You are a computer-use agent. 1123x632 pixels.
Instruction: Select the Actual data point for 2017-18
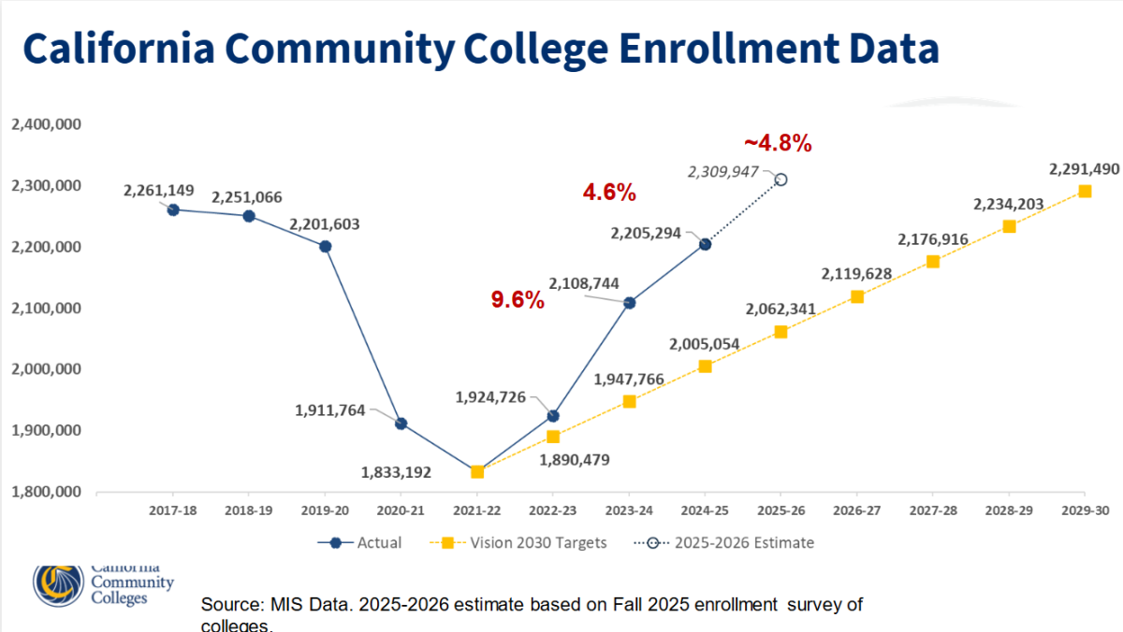pos(173,209)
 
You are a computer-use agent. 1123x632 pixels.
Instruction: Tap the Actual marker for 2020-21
pos(401,424)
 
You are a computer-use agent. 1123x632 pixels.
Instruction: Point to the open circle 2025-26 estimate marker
pos(781,180)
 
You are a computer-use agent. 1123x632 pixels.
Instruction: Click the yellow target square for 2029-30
pos(1085,191)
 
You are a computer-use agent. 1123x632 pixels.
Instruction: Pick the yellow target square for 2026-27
pos(857,296)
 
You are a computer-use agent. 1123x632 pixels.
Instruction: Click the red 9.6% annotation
pos(518,300)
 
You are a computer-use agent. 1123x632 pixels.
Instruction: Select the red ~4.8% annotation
pos(778,144)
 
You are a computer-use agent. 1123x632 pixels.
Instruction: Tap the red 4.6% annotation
pos(609,193)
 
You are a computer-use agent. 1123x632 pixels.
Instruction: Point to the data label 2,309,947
pos(722,172)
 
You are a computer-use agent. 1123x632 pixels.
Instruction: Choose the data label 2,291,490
pos(1084,169)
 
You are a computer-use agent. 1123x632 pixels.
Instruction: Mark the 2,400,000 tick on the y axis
pos(46,124)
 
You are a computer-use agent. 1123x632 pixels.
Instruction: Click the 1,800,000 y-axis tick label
pos(46,492)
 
